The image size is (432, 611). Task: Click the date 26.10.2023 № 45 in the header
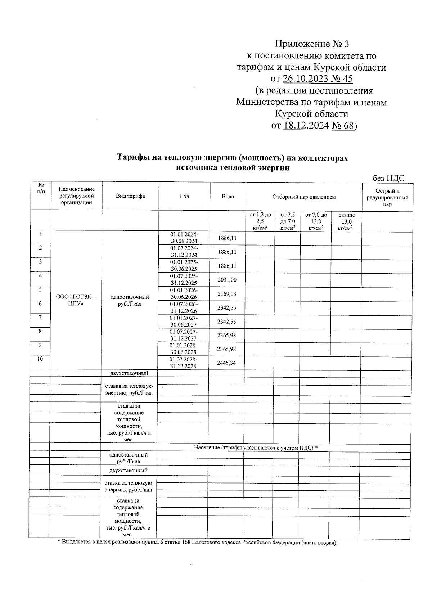(x=318, y=78)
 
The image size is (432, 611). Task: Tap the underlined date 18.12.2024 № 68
(x=319, y=125)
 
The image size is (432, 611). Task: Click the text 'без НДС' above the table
(x=388, y=178)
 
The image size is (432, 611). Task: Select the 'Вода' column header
(x=228, y=196)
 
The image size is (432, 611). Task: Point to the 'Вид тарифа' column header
(x=130, y=196)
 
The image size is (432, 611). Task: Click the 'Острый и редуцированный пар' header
(x=387, y=197)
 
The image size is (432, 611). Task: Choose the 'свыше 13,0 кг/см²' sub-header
(x=346, y=221)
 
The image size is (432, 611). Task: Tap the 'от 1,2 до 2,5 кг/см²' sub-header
(x=260, y=221)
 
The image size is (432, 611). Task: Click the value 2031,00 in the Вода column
(x=227, y=280)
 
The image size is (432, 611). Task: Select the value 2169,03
(x=227, y=294)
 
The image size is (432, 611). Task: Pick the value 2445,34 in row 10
(x=226, y=363)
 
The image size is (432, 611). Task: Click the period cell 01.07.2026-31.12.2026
(x=184, y=307)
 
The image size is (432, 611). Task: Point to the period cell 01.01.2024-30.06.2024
(x=184, y=238)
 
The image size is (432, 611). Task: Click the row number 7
(x=40, y=318)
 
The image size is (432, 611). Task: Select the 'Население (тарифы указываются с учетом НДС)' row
(x=256, y=448)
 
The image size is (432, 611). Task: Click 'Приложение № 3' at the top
(x=312, y=44)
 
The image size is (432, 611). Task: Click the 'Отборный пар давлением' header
(x=304, y=197)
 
